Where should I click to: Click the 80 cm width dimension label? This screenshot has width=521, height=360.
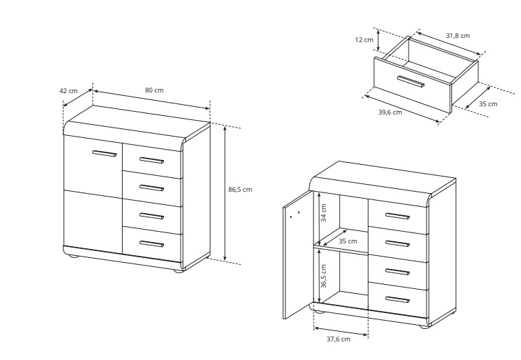154,90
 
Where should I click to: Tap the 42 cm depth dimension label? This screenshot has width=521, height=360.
68,91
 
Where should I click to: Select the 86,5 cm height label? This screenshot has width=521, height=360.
240,190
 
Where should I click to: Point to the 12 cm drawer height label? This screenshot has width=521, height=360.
364,40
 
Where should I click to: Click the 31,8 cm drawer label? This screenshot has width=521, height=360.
458,36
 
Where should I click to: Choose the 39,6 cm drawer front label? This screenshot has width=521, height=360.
390,112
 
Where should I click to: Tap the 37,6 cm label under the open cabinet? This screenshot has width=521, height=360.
338,339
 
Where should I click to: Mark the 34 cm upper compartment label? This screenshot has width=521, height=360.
324,212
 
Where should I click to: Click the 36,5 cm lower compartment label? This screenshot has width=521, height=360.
324,277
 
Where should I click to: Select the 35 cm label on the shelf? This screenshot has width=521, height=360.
348,241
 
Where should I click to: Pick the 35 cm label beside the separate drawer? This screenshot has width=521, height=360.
488,103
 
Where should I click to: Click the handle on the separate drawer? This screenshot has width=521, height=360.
411,82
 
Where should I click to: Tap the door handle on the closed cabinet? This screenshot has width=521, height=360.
105,153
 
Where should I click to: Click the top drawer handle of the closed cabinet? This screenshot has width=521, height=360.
152,161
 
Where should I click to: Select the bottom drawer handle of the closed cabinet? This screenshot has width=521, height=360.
152,244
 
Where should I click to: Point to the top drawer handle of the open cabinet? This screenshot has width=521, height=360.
398,216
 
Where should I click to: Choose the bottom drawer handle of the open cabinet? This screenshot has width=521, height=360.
398,299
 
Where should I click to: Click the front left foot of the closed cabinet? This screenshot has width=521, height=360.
72,256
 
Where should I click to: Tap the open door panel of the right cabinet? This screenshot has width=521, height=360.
298,254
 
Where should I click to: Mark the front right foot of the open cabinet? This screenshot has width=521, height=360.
424,327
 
